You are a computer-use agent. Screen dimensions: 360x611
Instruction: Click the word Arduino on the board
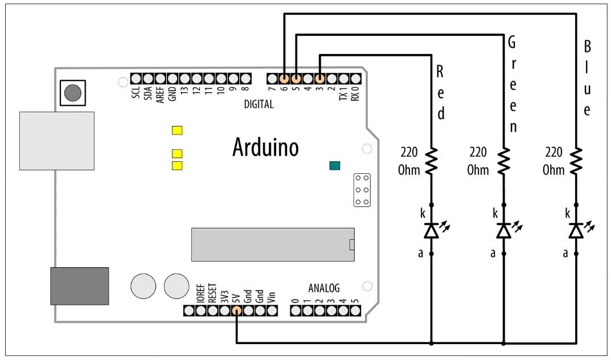[x=265, y=148]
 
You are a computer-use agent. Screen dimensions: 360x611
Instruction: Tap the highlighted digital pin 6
[x=284, y=78]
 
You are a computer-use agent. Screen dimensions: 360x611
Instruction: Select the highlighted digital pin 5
[x=296, y=78]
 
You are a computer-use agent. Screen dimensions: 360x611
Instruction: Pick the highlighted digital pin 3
[x=320, y=78]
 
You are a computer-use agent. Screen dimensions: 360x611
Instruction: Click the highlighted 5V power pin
[x=236, y=310]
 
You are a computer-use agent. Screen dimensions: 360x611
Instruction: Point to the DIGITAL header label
[x=259, y=104]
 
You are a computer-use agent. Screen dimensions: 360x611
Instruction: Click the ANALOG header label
[x=323, y=287]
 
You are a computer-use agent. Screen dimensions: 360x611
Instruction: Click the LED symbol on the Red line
[x=432, y=230]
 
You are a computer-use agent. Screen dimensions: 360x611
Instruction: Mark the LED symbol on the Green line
[x=504, y=230]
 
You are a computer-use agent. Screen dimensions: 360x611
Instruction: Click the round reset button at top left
[x=72, y=92]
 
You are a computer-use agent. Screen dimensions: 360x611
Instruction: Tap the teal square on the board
[x=334, y=166]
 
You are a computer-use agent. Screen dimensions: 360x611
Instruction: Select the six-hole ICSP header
[x=361, y=190]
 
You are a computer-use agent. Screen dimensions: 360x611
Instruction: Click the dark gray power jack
[x=79, y=285]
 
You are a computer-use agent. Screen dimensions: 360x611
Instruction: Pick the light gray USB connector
[x=56, y=141]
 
